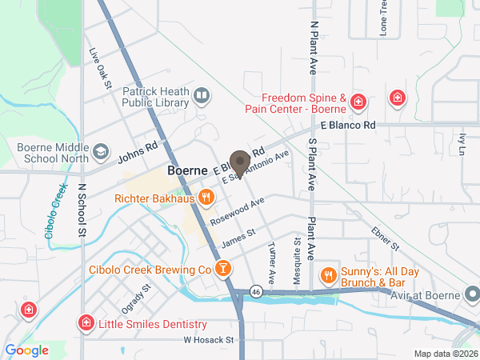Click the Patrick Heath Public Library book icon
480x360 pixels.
point(202,98)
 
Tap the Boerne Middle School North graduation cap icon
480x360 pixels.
point(101,150)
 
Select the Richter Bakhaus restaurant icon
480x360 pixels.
point(206,197)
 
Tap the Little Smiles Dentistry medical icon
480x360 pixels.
point(85,324)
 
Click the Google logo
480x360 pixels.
point(26,350)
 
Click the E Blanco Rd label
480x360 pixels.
point(347,126)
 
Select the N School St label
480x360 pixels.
point(82,211)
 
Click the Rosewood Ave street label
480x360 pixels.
point(237,211)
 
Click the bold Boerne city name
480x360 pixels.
point(188,171)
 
